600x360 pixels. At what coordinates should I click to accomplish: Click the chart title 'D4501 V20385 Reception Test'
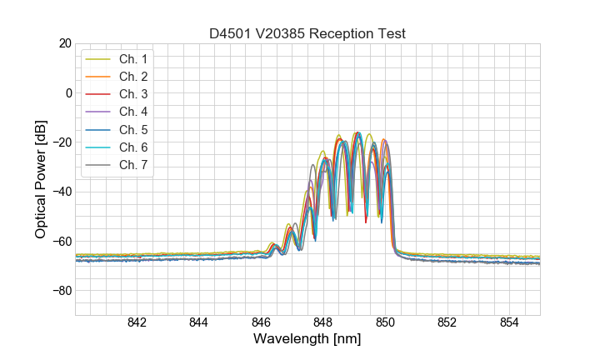[x=307, y=33]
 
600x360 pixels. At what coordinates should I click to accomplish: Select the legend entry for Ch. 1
[x=132, y=59]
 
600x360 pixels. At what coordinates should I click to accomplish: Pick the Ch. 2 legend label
[x=132, y=77]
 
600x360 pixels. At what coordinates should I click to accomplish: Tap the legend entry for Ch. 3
[x=132, y=94]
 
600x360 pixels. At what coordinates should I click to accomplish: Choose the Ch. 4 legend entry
[x=132, y=112]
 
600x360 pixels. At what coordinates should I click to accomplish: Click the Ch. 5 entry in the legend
[x=132, y=129]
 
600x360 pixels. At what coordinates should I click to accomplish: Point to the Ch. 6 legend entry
[x=132, y=147]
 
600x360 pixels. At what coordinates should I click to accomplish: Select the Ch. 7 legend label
[x=132, y=164]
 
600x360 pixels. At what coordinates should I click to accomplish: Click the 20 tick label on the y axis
[x=63, y=43]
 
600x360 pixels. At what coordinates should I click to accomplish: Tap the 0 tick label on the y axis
[x=67, y=92]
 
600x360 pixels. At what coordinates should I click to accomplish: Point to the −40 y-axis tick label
[x=60, y=192]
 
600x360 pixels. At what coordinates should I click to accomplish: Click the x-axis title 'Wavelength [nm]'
[x=307, y=341]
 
